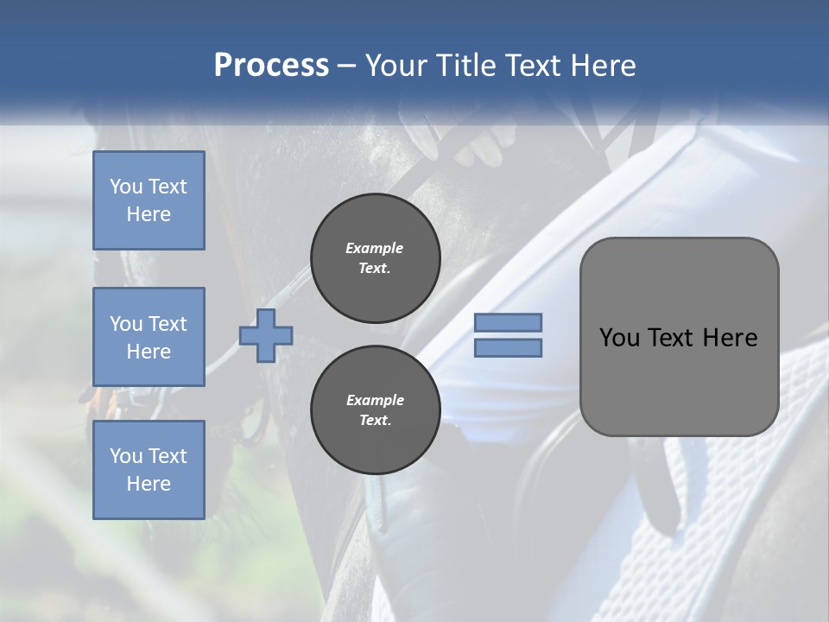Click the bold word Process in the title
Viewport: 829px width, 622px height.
271,65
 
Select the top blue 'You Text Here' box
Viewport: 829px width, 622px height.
149,200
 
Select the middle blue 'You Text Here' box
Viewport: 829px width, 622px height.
149,337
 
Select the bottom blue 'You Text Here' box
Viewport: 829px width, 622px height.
149,469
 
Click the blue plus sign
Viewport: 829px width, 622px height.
266,335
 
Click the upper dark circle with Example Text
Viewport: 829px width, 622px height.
375,257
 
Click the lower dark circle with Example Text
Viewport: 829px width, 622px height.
375,409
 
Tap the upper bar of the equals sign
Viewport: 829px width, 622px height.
509,322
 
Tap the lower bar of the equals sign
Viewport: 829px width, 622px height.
509,347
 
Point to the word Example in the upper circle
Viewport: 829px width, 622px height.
375,248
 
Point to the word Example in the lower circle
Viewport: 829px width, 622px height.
375,400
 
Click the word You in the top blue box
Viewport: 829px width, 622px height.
126,187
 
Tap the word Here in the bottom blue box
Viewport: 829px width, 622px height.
149,484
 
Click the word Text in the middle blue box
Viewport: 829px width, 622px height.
167,324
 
